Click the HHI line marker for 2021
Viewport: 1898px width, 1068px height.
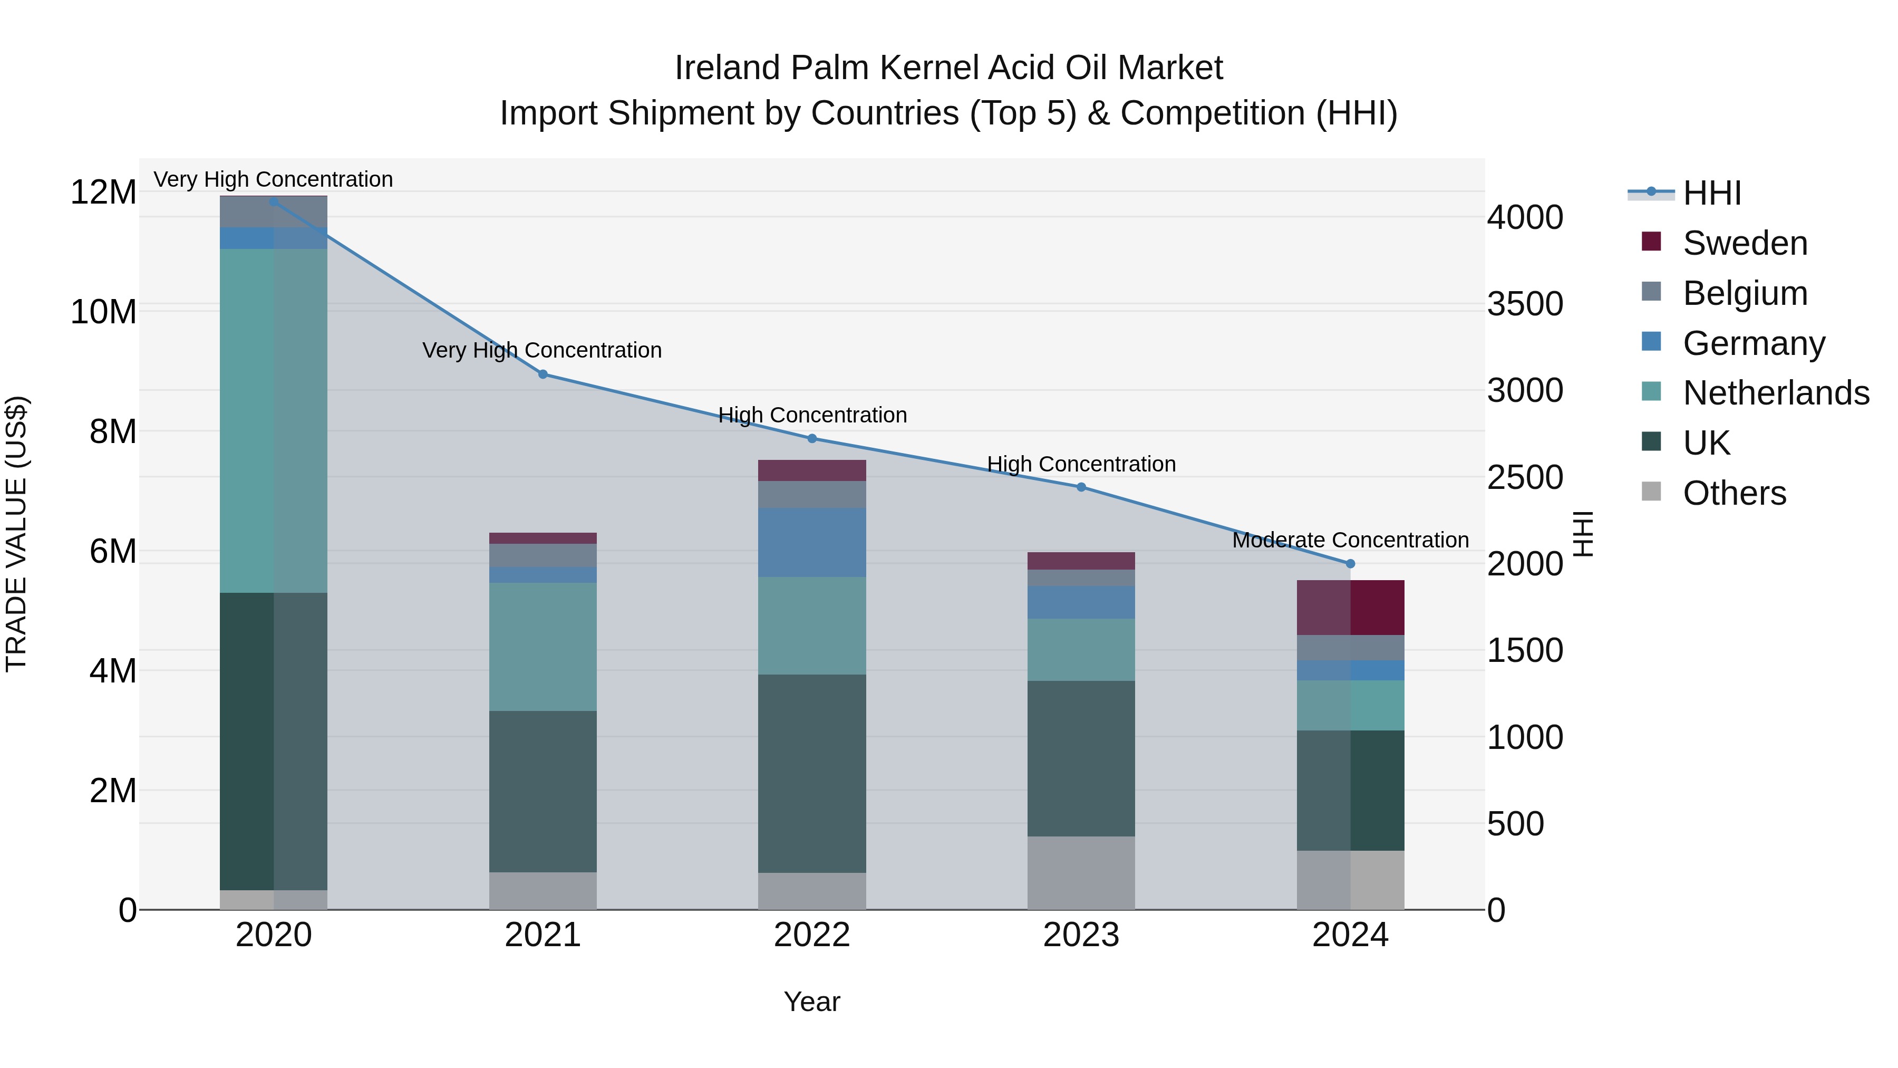pos(543,374)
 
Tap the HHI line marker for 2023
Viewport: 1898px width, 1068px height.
pos(1081,487)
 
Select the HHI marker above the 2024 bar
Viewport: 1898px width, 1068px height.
pos(1351,564)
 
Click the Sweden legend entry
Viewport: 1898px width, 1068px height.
pos(1745,243)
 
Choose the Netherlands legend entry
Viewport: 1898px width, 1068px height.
pos(1776,393)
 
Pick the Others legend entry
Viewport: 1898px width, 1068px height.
pos(1735,493)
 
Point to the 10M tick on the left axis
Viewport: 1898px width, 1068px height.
pos(103,312)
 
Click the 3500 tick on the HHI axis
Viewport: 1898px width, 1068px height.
pos(1524,304)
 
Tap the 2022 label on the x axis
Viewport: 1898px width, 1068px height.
pos(812,935)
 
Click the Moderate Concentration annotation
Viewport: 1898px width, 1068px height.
pos(1351,540)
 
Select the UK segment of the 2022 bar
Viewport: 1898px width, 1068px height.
pos(812,773)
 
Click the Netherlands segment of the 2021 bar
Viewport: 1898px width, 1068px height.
pos(543,647)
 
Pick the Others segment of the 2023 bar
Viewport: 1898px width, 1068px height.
pos(1081,873)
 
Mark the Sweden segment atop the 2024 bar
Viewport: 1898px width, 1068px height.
pos(1351,608)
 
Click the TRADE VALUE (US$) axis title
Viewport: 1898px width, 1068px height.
pos(16,534)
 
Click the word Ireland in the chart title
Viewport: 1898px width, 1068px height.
pos(727,68)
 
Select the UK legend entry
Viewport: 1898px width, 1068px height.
pos(1707,443)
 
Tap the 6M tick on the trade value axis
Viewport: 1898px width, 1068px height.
pos(113,551)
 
